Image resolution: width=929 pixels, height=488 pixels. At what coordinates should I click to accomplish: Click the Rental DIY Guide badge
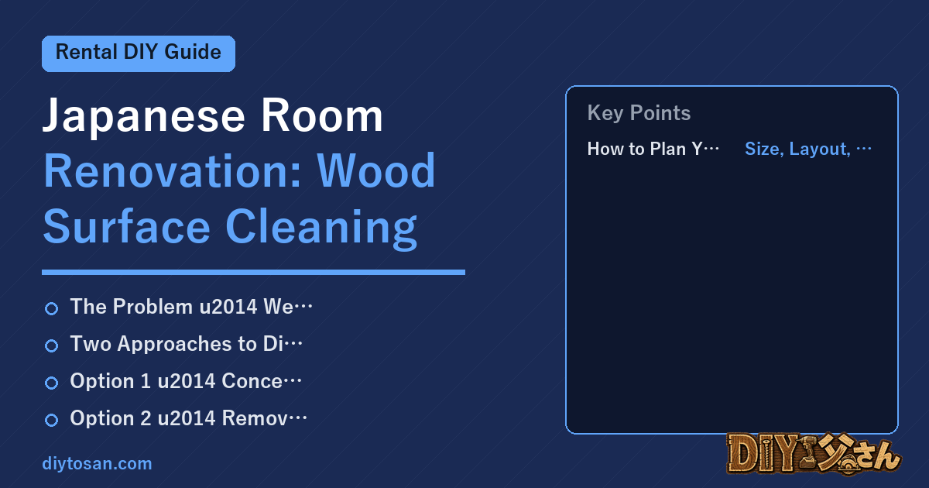(139, 53)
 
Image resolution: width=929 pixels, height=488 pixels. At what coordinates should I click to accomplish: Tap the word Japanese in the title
(143, 116)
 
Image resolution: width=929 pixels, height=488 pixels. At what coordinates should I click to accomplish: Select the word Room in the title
(321, 115)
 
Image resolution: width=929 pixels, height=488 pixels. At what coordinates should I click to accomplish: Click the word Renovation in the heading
(172, 171)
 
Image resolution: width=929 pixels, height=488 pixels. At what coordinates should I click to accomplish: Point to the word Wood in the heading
(376, 170)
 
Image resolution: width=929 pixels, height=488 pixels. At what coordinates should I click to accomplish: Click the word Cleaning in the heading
(321, 228)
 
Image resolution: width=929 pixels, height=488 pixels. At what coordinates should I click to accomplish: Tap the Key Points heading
(639, 113)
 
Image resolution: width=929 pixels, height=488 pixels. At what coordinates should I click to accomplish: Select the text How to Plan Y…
(653, 149)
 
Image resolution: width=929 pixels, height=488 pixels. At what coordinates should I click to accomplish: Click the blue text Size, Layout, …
(808, 149)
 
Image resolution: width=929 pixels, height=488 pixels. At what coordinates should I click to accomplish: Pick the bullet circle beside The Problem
(51, 309)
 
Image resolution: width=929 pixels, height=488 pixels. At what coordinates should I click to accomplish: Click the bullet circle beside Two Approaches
(51, 345)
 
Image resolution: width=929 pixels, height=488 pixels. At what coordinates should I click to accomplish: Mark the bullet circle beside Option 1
(51, 383)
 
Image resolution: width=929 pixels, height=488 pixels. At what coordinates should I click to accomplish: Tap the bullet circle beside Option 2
(51, 420)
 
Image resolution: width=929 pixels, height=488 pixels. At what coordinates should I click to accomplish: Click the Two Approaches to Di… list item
(187, 344)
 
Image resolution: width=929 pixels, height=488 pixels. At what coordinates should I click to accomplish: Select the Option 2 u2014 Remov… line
(188, 418)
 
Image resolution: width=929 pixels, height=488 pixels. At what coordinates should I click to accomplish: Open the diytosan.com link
(97, 463)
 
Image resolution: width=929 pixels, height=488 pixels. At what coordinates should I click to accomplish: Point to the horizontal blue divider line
(253, 272)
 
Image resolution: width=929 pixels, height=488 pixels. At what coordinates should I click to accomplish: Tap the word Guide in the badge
(193, 53)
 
